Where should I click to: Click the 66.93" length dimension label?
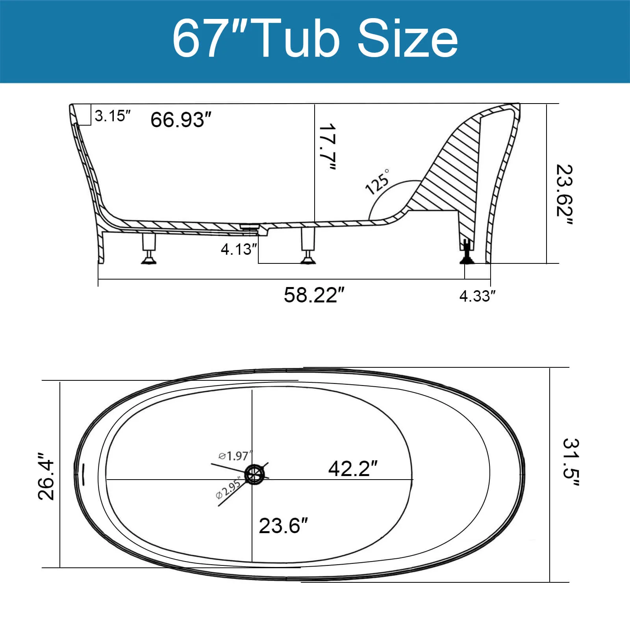pyautogui.click(x=181, y=119)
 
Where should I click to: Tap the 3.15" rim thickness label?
pyautogui.click(x=112, y=116)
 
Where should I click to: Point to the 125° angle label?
pyautogui.click(x=377, y=182)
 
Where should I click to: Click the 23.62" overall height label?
pyautogui.click(x=564, y=195)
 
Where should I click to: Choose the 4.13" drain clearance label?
pyautogui.click(x=239, y=249)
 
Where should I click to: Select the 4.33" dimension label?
pyautogui.click(x=477, y=296)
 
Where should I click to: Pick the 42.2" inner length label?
pyautogui.click(x=352, y=469)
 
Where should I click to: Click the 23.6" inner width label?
pyautogui.click(x=283, y=526)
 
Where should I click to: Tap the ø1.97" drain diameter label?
pyautogui.click(x=235, y=456)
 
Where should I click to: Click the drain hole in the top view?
pyautogui.click(x=254, y=474)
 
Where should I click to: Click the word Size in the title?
pyautogui.click(x=407, y=39)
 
